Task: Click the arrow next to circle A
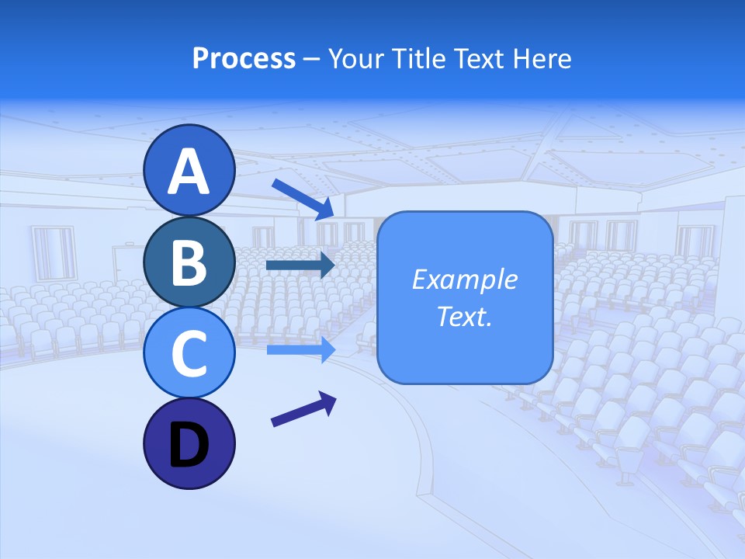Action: [x=303, y=198]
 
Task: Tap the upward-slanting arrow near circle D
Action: [x=303, y=409]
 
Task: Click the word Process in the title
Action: [x=244, y=58]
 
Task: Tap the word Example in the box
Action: [x=464, y=279]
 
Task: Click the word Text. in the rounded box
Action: [x=464, y=316]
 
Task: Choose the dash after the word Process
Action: [x=312, y=59]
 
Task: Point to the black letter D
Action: [x=189, y=446]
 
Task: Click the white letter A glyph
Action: [x=189, y=172]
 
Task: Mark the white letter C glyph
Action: [x=189, y=352]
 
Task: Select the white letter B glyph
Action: [x=189, y=262]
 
